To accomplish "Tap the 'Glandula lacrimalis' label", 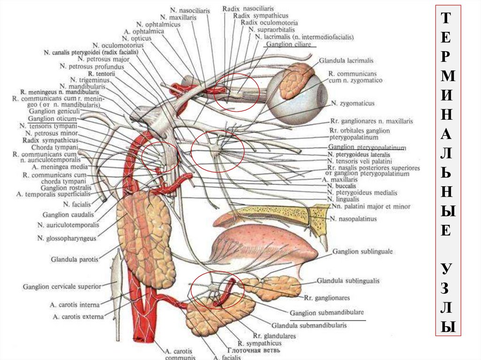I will click(x=346, y=61).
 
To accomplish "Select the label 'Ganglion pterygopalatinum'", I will click(x=366, y=147).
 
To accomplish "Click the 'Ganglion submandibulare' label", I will click(x=327, y=313).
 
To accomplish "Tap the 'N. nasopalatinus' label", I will click(x=353, y=219).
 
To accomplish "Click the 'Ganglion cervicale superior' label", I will click(x=62, y=286).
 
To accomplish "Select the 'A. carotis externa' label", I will click(x=78, y=317).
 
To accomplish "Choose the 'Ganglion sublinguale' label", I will click(x=363, y=252).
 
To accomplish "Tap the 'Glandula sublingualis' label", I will click(x=348, y=281).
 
